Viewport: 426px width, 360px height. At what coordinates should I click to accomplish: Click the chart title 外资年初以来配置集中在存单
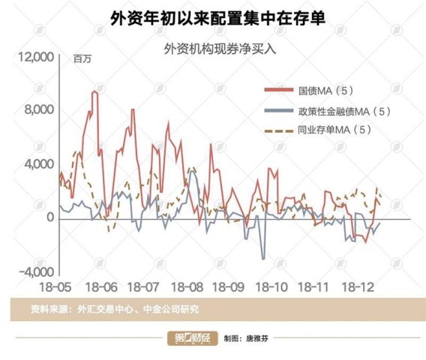coord(217,19)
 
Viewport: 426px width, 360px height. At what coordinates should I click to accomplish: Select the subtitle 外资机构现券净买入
coord(220,49)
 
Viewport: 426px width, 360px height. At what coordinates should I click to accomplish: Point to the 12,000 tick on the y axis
coord(35,57)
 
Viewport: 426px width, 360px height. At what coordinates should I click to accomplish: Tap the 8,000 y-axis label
coord(39,109)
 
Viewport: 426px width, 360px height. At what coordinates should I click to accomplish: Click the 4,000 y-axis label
coord(39,164)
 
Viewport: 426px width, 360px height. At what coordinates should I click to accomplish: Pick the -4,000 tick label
coord(37,271)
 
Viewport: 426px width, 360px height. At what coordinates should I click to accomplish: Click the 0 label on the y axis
coord(50,217)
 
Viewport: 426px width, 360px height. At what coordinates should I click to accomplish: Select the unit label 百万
coord(82,58)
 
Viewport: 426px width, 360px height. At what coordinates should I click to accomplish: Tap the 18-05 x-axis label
coord(55,287)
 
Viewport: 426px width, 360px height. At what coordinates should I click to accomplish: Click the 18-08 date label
coord(187,287)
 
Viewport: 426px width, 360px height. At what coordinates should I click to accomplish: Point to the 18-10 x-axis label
coord(271,287)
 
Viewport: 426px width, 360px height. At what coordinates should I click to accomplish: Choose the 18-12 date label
coord(358,287)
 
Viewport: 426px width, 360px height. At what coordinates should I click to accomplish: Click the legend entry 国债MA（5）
coord(325,91)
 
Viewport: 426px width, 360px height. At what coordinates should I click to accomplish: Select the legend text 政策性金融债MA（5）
coord(344,112)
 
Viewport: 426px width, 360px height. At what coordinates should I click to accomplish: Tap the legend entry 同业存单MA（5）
coord(334,130)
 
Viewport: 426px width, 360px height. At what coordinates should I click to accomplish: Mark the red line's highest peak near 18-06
coord(94,91)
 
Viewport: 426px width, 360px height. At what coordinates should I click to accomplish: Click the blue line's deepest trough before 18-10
coord(263,259)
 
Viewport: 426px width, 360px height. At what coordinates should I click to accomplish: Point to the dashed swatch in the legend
coord(279,131)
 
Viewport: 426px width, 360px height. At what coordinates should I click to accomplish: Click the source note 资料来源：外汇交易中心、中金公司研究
coord(115,309)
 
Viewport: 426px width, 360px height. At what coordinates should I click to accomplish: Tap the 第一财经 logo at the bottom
coord(193,338)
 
